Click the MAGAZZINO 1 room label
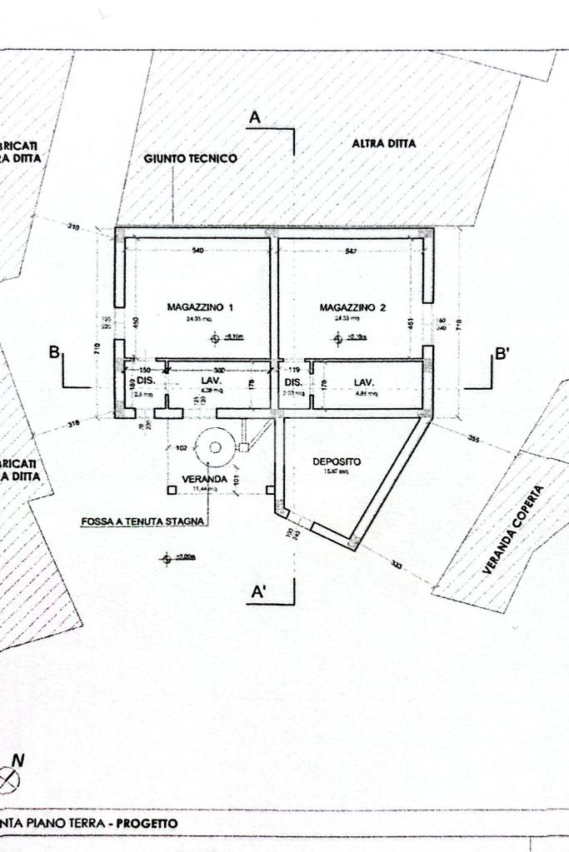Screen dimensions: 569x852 pos(200,307)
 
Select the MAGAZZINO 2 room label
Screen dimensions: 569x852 pos(353,307)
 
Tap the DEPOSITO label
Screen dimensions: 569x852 pos(337,461)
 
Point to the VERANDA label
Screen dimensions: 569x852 pos(204,480)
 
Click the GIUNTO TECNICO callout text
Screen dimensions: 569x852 pos(191,158)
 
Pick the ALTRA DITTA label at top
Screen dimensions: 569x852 pos(384,143)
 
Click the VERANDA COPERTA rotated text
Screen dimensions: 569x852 pos(513,530)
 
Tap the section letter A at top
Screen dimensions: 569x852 pos(255,118)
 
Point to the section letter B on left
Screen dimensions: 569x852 pos(54,352)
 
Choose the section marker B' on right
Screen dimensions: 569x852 pos(502,353)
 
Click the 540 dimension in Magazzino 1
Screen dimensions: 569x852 pos(198,251)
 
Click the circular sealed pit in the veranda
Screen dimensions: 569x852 pos(214,447)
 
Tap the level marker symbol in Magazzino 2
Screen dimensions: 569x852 pos(338,338)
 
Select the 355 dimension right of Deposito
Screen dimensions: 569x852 pos(474,438)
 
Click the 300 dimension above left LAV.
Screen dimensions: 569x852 pos(219,369)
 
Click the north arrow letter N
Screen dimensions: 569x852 pos(18,760)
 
